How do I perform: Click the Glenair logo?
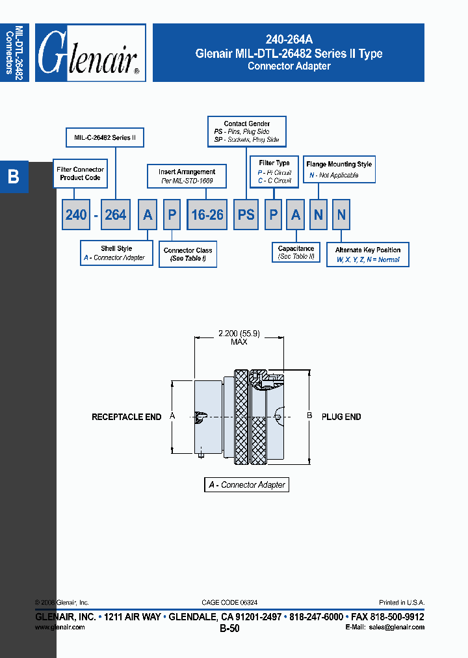90,53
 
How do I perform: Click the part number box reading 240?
75,215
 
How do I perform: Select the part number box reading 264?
115,215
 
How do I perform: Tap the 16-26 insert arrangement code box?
207,215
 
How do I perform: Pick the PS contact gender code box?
246,215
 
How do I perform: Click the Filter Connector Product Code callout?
80,174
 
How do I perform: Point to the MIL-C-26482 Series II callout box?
105,138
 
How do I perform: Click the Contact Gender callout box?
246,131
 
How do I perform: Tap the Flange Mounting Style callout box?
339,170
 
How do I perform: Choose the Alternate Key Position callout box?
368,254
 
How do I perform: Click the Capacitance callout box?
296,252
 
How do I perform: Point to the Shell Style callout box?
116,253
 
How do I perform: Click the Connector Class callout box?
188,254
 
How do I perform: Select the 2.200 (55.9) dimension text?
239,334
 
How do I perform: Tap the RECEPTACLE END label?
126,417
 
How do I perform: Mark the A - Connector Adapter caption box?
246,484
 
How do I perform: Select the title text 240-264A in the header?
289,40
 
